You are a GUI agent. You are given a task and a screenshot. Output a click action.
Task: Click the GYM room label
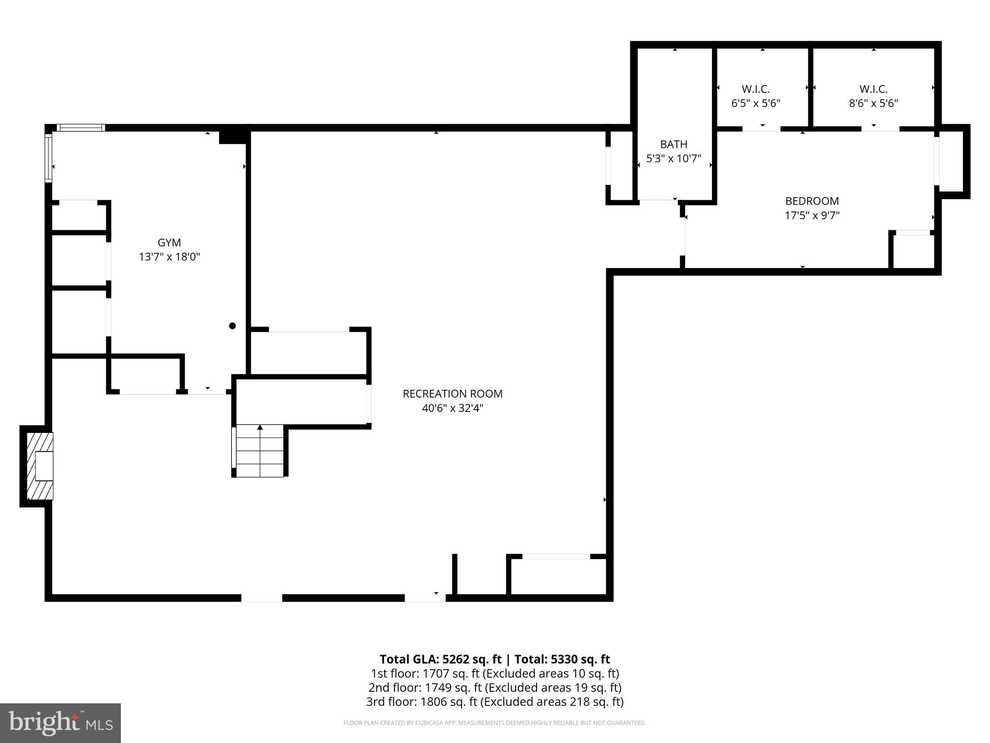169,242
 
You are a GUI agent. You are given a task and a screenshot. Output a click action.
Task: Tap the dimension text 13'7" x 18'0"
169,257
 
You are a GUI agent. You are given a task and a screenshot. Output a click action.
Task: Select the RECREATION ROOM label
452,394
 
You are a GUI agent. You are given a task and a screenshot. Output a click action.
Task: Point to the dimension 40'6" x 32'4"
452,408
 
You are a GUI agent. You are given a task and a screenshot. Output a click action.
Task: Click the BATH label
673,144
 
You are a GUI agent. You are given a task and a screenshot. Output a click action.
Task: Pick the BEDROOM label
812,201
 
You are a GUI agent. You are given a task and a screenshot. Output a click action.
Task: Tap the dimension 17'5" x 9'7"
812,215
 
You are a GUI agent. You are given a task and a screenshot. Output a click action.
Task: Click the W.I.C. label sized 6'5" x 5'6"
756,89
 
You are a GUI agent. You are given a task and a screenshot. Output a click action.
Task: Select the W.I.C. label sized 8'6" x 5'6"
873,89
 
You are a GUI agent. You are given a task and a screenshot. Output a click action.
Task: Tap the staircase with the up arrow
260,451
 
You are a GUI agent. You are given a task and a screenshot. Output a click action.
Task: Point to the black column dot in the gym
232,326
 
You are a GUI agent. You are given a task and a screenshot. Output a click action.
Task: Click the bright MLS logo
60,723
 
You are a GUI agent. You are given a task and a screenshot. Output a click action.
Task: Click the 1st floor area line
495,673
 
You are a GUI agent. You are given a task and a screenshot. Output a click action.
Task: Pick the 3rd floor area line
495,701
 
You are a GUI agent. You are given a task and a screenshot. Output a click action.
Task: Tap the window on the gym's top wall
81,128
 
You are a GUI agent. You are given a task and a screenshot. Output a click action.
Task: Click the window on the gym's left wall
48,158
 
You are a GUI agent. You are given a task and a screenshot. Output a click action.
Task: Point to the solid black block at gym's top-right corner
233,137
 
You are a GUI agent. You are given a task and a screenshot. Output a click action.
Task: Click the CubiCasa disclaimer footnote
495,723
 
